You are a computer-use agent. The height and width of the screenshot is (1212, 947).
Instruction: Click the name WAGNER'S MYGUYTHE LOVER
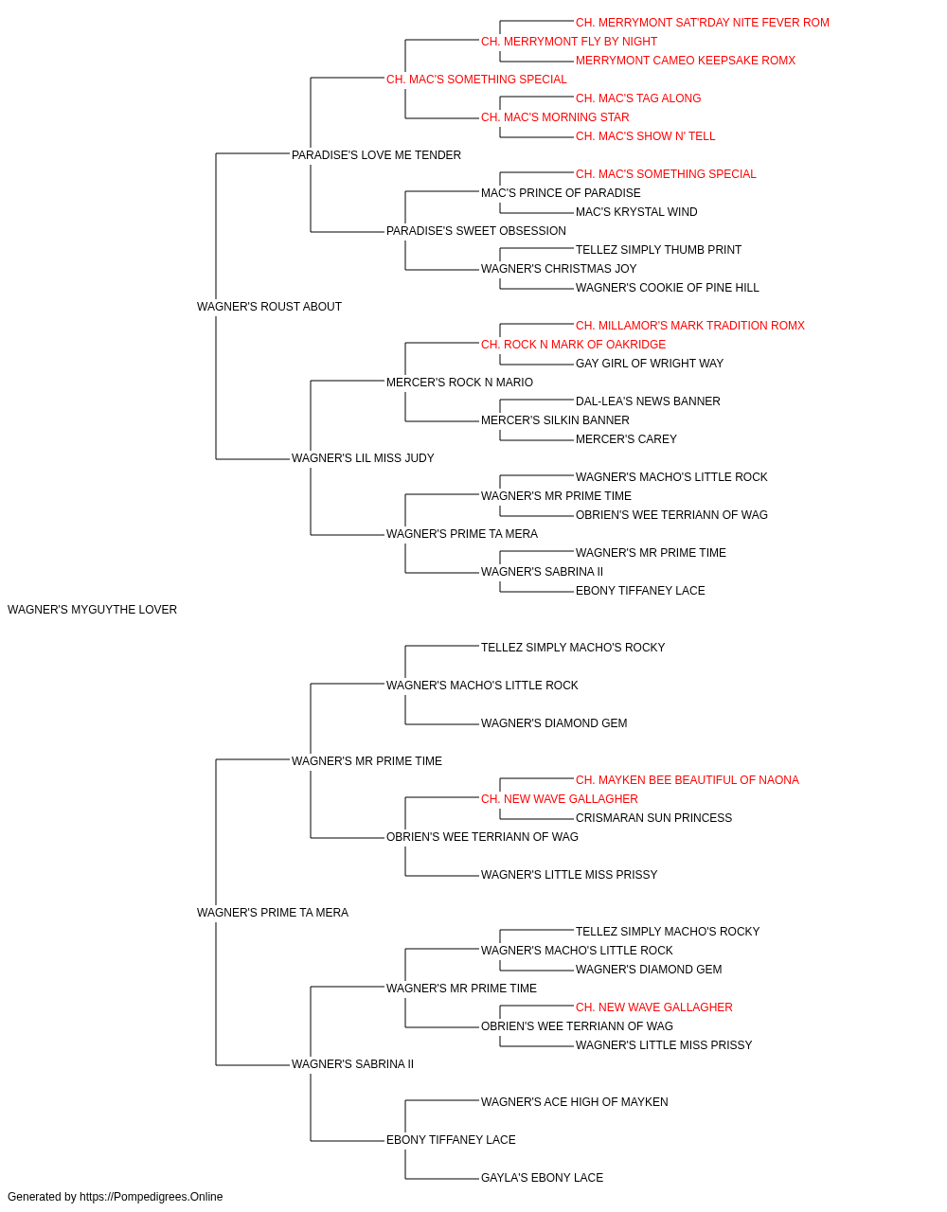pos(92,610)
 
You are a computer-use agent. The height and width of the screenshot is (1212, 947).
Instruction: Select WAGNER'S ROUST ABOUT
pos(269,307)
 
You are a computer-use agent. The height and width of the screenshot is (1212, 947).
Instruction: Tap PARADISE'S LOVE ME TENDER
pos(377,155)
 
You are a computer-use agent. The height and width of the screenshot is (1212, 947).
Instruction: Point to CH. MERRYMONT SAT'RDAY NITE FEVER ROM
pos(702,23)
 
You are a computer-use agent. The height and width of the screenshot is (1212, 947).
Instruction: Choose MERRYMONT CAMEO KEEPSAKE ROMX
pos(686,61)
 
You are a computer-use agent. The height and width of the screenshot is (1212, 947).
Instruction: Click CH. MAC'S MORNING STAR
pos(555,117)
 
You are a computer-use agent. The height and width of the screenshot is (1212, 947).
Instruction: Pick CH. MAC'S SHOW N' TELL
pos(645,136)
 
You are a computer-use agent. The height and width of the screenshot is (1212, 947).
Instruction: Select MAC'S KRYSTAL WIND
pos(636,212)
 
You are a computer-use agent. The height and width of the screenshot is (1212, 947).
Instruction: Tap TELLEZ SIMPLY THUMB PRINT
pos(659,250)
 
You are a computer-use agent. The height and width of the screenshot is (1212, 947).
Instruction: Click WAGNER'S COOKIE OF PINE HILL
pos(667,288)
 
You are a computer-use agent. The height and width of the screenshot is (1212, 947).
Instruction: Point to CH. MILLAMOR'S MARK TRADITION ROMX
pos(690,326)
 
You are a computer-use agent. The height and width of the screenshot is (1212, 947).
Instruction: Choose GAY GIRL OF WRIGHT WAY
pos(650,364)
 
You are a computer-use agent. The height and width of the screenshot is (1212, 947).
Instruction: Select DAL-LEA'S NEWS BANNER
pos(648,401)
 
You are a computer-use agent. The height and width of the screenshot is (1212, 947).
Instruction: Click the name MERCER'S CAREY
pos(626,439)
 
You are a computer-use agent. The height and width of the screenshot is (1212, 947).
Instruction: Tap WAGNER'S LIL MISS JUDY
pos(363,458)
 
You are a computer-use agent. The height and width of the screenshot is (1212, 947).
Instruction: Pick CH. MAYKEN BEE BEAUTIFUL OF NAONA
pos(688,780)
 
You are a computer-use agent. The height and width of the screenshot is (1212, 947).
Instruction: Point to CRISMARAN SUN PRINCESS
pos(653,818)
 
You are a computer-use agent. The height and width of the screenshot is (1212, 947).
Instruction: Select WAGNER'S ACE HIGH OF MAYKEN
pos(575,1102)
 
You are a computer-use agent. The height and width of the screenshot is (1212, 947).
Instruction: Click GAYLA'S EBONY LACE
pos(542,1178)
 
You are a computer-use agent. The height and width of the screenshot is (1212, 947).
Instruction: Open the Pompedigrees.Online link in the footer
pos(152,1197)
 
